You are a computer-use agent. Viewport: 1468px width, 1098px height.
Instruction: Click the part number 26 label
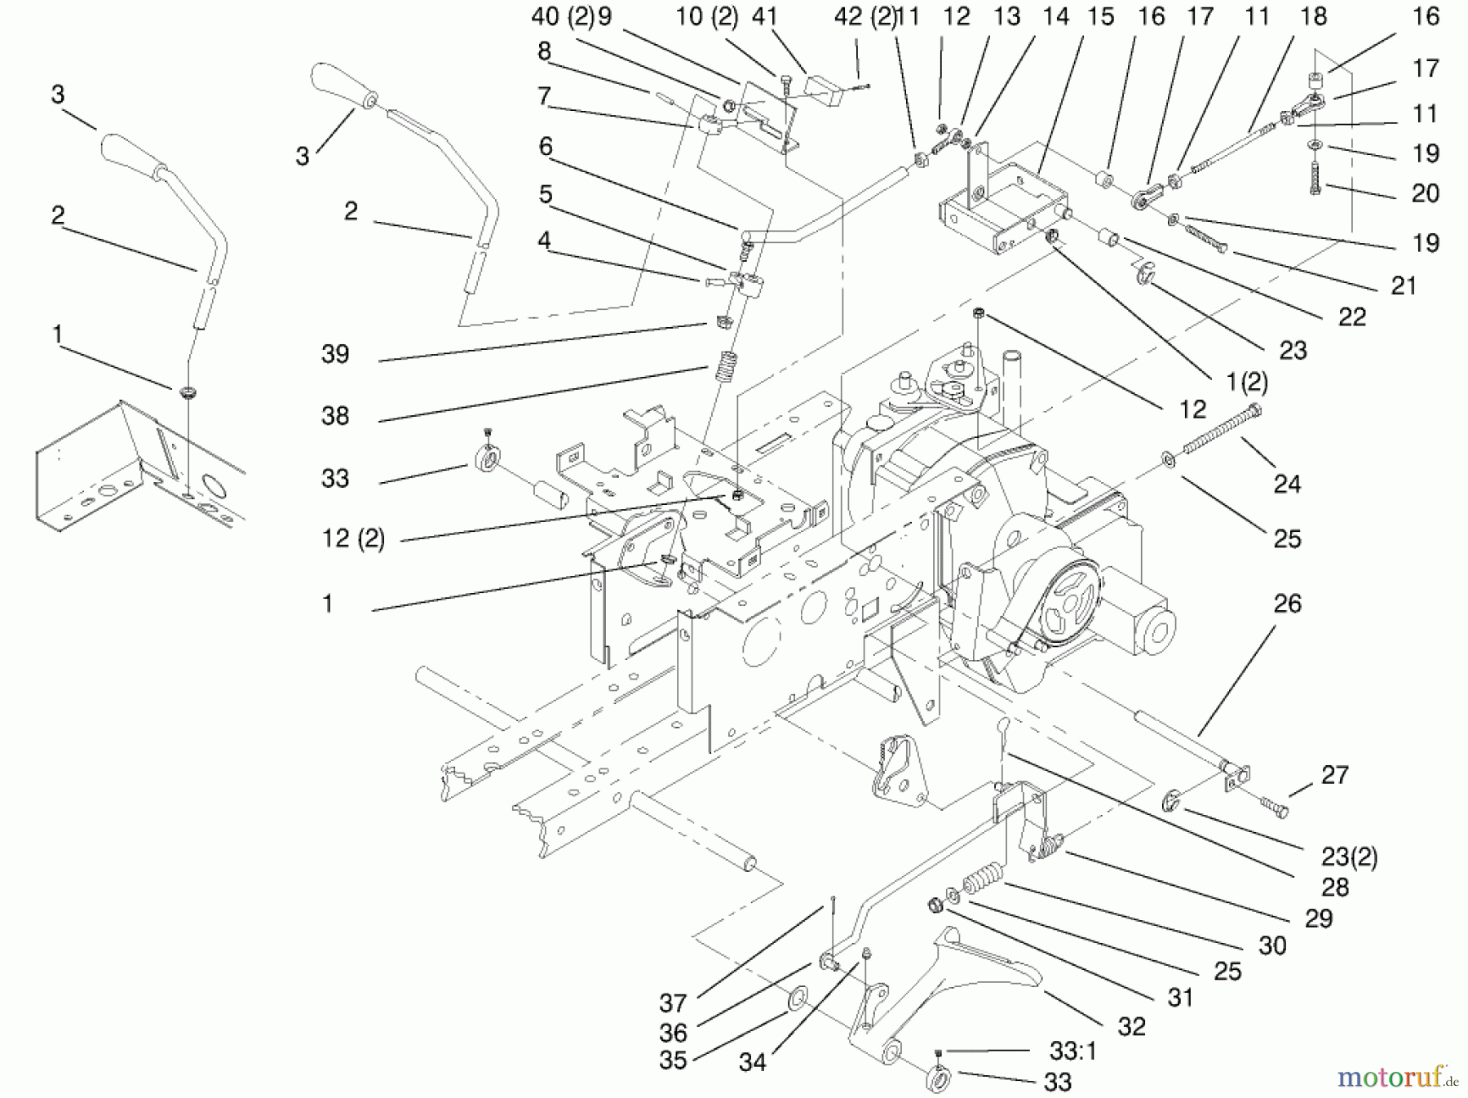[x=1288, y=604]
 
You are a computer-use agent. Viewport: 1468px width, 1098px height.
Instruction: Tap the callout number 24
[x=1287, y=485]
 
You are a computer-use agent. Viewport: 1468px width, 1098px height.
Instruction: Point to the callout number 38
[x=335, y=416]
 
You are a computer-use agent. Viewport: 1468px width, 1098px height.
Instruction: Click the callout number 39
[x=335, y=354]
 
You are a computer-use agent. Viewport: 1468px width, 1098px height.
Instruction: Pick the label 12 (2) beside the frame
[x=352, y=538]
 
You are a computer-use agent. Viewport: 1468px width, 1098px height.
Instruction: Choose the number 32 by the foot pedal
[x=1132, y=1026]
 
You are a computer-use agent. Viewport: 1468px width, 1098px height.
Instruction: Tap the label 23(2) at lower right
[x=1350, y=857]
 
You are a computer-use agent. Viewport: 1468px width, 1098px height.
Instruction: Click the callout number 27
[x=1334, y=775]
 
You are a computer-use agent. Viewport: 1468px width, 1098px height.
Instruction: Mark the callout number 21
[x=1403, y=286]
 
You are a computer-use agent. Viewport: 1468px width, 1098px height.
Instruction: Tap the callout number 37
[x=674, y=1003]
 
